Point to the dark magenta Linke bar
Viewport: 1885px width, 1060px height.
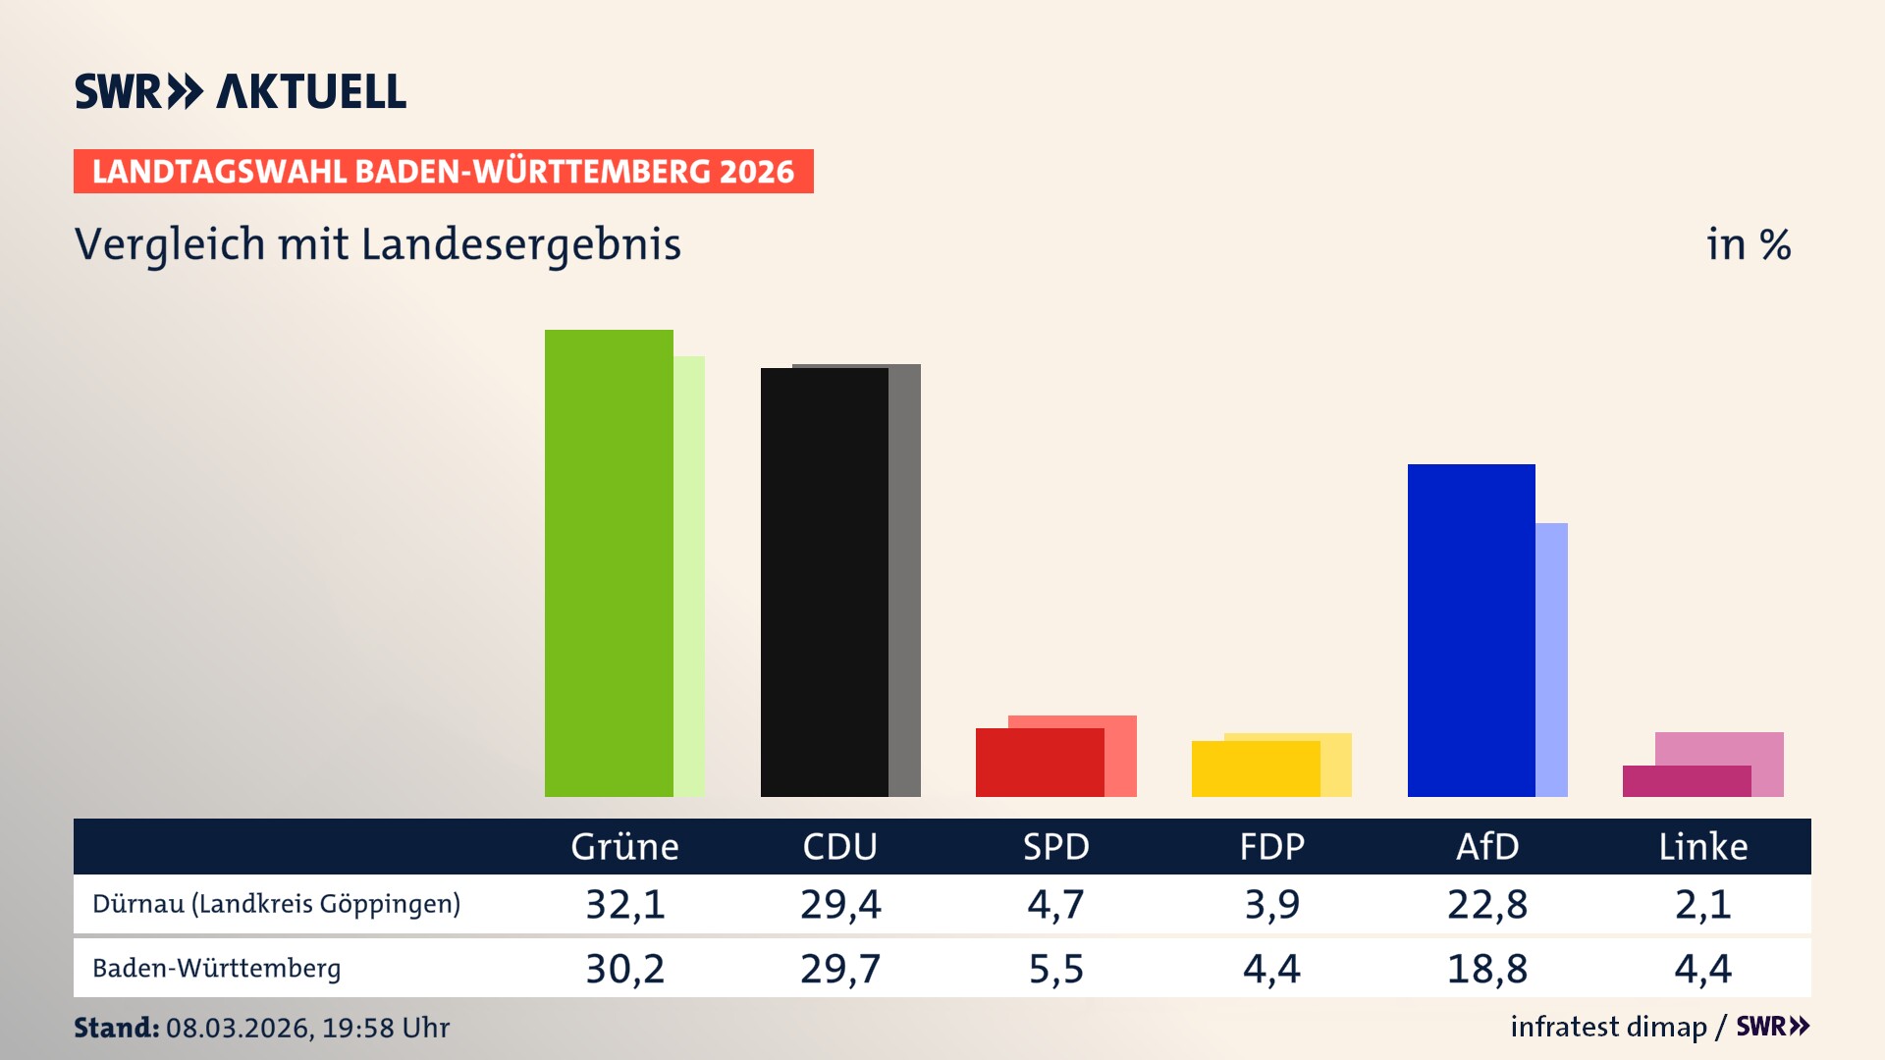click(1686, 781)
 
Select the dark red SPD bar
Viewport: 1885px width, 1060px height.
click(1039, 763)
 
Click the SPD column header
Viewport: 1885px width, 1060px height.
click(1055, 847)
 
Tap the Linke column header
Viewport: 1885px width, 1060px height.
click(1702, 847)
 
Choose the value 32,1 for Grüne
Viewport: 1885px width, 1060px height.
click(624, 904)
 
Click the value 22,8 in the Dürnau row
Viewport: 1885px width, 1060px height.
click(1486, 904)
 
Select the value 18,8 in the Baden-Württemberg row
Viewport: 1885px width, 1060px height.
click(1486, 969)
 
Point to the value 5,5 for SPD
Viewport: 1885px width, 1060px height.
click(1055, 969)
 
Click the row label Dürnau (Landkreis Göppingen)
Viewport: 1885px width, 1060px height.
click(276, 904)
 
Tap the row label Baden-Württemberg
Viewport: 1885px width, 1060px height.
click(216, 969)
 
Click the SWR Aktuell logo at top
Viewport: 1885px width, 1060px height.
click(241, 91)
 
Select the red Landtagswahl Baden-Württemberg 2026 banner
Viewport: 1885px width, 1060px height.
click(443, 172)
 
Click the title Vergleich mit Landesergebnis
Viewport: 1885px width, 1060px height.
click(377, 244)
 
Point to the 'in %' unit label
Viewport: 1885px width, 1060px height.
click(1748, 244)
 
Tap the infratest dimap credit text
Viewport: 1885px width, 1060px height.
click(1608, 1027)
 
